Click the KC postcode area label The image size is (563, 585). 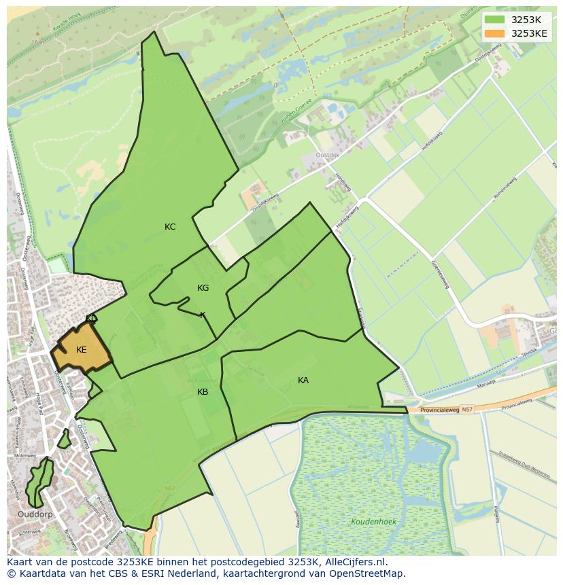(x=170, y=227)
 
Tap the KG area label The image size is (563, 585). (x=203, y=288)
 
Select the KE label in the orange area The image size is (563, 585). (x=82, y=350)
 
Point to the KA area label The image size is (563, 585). (x=303, y=380)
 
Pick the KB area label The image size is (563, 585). (x=203, y=392)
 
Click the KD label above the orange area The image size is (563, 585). (x=91, y=318)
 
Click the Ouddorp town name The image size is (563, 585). (x=35, y=514)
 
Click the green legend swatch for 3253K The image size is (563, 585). (x=495, y=20)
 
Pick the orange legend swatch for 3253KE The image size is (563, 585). (x=495, y=33)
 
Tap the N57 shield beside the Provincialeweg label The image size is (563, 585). (x=466, y=410)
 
